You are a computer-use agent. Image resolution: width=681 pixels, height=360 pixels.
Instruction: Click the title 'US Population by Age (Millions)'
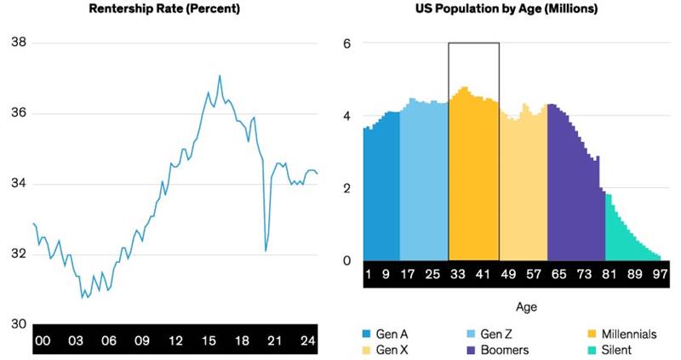click(x=495, y=9)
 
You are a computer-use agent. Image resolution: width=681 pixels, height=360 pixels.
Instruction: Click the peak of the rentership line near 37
click(x=220, y=76)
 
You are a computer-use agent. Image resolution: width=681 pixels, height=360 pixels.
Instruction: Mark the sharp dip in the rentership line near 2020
click(x=266, y=250)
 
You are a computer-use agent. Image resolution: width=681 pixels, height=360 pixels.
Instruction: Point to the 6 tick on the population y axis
click(x=346, y=43)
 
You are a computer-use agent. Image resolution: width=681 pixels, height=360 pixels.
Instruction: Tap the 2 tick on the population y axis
click(x=346, y=188)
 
